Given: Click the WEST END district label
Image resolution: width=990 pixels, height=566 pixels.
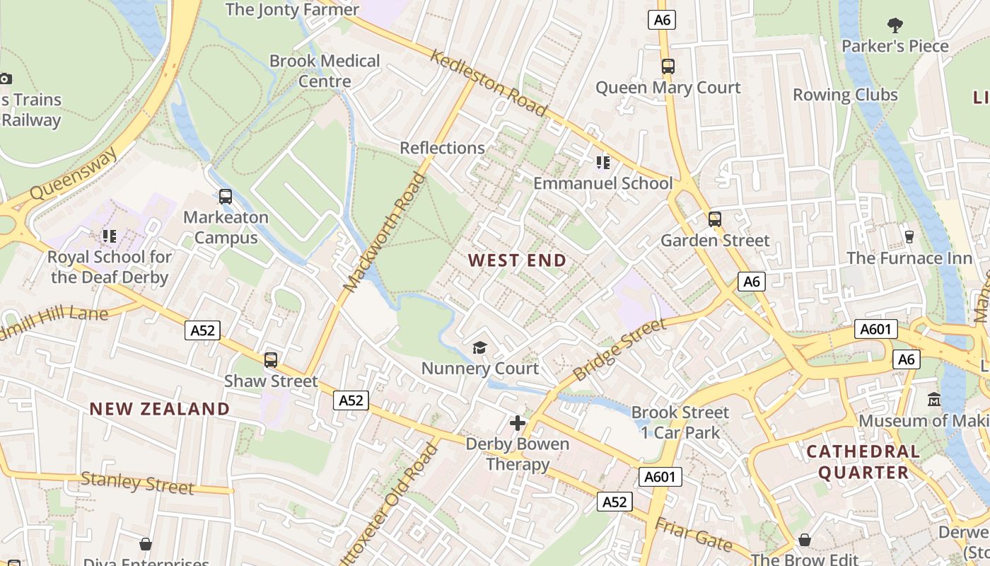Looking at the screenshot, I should [517, 260].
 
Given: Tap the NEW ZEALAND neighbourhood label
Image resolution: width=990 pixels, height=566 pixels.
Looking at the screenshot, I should [160, 408].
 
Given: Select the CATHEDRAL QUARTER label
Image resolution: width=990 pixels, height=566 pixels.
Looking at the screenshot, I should [863, 461].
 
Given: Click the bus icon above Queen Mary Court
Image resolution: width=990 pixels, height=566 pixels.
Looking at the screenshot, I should [668, 67].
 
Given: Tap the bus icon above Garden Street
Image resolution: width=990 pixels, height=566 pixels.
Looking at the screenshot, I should [715, 219].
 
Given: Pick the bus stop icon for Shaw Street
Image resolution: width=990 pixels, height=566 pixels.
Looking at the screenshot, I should [271, 360].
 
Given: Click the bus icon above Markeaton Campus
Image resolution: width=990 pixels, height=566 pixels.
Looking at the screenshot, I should [226, 197].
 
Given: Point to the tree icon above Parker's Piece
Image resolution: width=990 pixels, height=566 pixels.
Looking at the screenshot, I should [895, 25].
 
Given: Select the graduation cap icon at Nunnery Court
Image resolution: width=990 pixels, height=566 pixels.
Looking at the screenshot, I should [480, 347].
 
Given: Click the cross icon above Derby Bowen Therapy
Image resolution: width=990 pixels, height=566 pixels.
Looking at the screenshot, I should [518, 423].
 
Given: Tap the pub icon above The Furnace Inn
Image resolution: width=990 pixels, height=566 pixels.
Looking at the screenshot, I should [909, 237].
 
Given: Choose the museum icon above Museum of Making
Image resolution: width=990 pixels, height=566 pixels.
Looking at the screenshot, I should [934, 400].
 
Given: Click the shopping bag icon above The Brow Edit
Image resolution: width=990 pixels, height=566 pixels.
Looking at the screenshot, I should [805, 541].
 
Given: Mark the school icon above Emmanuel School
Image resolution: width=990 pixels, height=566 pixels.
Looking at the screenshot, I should [602, 163].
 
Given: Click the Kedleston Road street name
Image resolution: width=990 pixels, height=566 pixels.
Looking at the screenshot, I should [489, 83].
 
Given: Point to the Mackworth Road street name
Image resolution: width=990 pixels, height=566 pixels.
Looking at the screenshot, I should [385, 231].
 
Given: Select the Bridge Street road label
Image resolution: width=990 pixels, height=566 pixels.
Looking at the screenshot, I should [619, 350].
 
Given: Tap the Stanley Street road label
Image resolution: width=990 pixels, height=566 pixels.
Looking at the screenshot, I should [137, 483].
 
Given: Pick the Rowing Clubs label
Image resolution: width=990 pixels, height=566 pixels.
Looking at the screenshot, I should [845, 95].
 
